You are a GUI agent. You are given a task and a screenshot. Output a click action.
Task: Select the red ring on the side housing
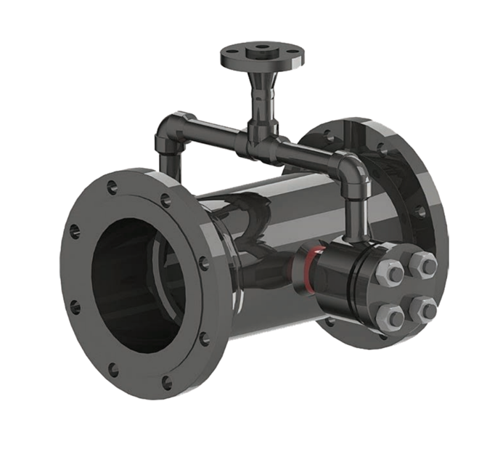click(x=308, y=267)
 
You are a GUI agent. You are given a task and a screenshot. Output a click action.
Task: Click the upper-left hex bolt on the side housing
click(x=392, y=272)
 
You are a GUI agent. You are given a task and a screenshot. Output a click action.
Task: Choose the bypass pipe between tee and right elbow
click(x=308, y=154)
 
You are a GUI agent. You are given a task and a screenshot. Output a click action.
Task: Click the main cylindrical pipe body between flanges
click(x=276, y=211)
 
